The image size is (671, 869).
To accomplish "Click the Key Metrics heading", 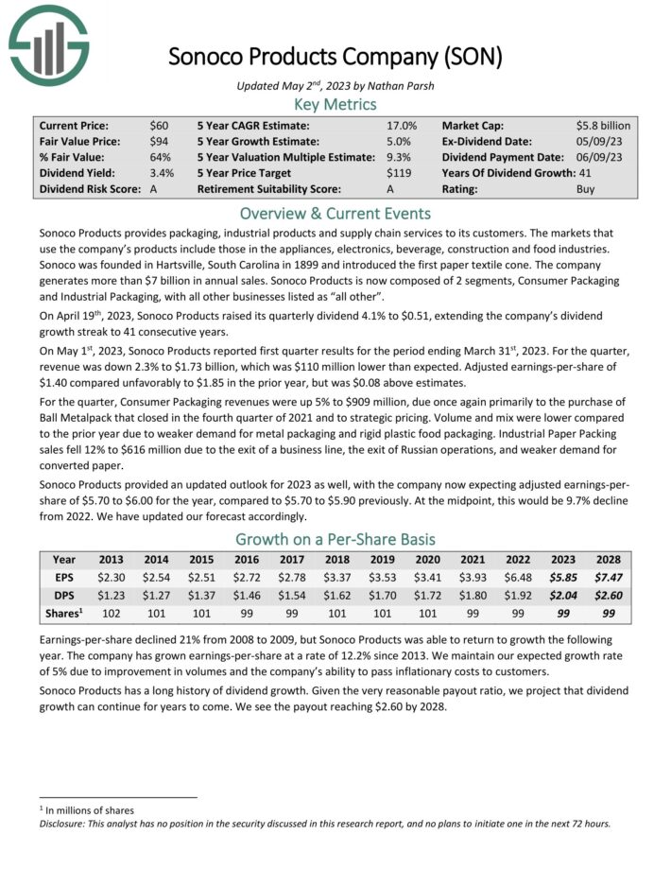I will point(335,103).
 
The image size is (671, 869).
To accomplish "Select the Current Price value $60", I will point(159,125).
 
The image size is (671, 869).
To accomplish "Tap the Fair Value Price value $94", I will point(159,141).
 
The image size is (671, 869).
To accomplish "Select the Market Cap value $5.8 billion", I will point(602,125).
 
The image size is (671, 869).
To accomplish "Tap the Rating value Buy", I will point(586,189).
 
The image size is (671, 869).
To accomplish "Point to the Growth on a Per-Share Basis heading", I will point(335,539).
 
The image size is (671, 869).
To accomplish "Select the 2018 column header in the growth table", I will point(337,559).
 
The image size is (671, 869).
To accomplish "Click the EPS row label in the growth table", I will point(64,576).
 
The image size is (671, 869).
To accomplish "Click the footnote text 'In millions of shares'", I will point(90,810).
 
